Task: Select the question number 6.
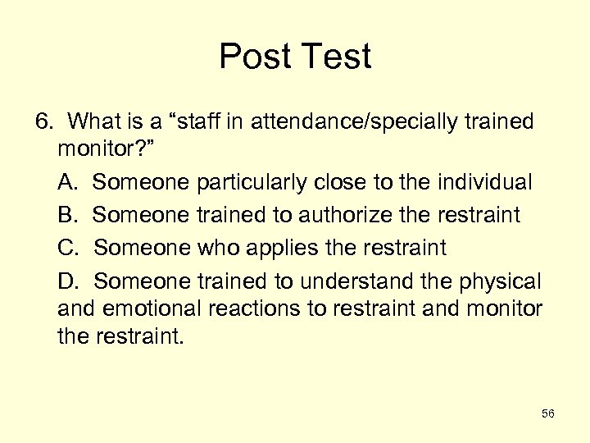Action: (43, 122)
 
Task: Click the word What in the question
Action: (94, 122)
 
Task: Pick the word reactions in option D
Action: (261, 308)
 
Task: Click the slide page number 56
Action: (547, 414)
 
